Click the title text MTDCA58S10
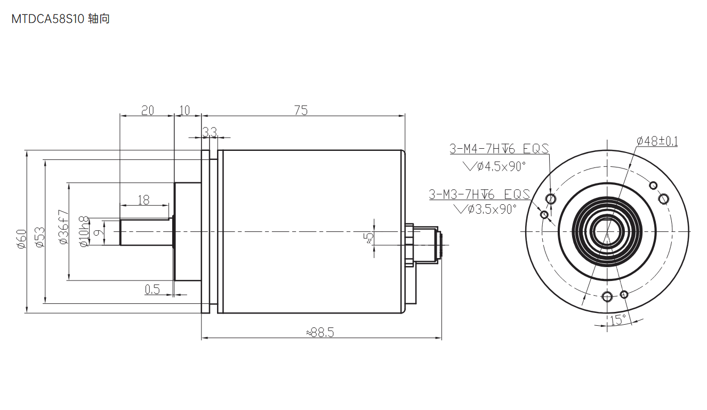pos(47,19)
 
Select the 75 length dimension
pos(301,110)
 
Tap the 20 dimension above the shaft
pos(147,110)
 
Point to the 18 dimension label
pos(143,200)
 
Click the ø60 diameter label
pos(22,239)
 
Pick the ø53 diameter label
pos(40,237)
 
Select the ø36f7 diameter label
pos(63,227)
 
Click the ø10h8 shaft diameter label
pos(84,231)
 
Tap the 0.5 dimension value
pos(152,289)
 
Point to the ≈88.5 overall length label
pos(320,332)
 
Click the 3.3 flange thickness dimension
pos(210,132)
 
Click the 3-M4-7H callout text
pos(483,149)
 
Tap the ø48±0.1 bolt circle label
pos(657,141)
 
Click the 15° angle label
pos(617,320)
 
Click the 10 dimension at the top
pos(184,110)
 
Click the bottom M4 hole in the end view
pos(607,296)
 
